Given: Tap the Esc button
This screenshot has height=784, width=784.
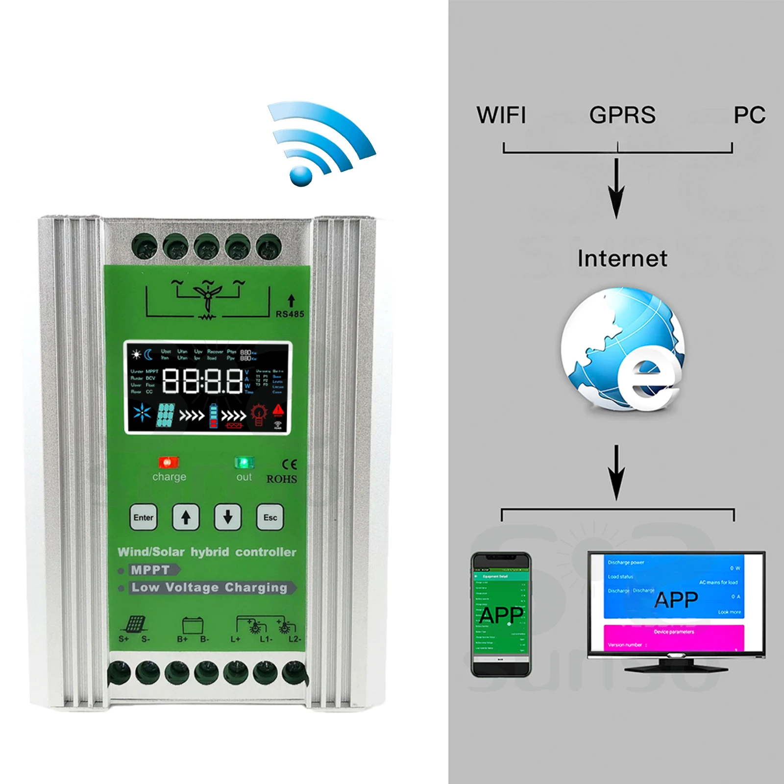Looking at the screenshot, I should (270, 517).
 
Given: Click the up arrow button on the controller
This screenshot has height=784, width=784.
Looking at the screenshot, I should (186, 517).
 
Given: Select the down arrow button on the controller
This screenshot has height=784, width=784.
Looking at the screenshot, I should (228, 517).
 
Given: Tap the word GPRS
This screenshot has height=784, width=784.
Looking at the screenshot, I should (622, 115).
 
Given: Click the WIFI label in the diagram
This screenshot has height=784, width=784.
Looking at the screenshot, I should (501, 115).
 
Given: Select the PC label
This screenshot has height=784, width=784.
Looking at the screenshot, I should (749, 115).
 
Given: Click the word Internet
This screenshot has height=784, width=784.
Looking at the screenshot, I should (622, 258).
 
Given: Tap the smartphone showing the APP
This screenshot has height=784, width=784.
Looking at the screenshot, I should (501, 614).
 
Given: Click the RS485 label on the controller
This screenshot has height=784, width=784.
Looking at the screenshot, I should (290, 314).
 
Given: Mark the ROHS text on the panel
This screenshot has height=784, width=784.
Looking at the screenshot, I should (281, 479).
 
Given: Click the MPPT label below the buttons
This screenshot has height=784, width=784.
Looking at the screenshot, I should (151, 570).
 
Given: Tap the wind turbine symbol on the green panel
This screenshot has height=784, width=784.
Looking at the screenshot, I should (208, 297).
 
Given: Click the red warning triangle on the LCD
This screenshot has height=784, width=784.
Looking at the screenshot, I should (278, 410).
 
